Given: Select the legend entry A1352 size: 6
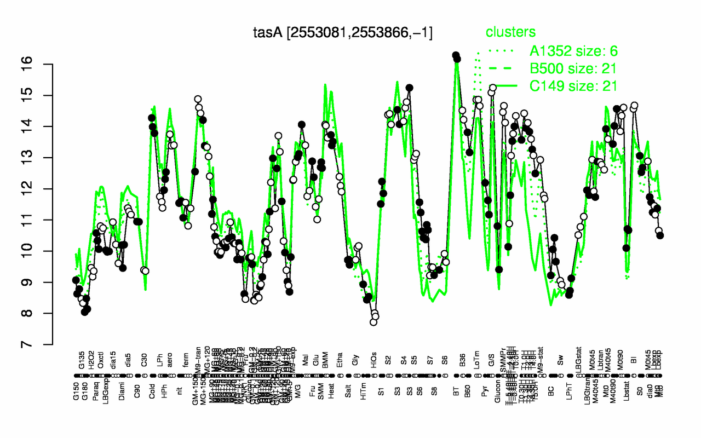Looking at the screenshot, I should click(573, 51).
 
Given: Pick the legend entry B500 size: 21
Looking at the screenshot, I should click(573, 68).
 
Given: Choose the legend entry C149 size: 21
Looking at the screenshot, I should click(573, 85).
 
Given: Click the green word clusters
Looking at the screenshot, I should click(510, 33).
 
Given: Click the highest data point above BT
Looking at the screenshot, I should click(455, 55).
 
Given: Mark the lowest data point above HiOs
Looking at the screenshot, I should click(374, 322).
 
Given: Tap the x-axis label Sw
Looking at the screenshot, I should click(560, 361).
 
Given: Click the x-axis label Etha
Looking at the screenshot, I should click(340, 361).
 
